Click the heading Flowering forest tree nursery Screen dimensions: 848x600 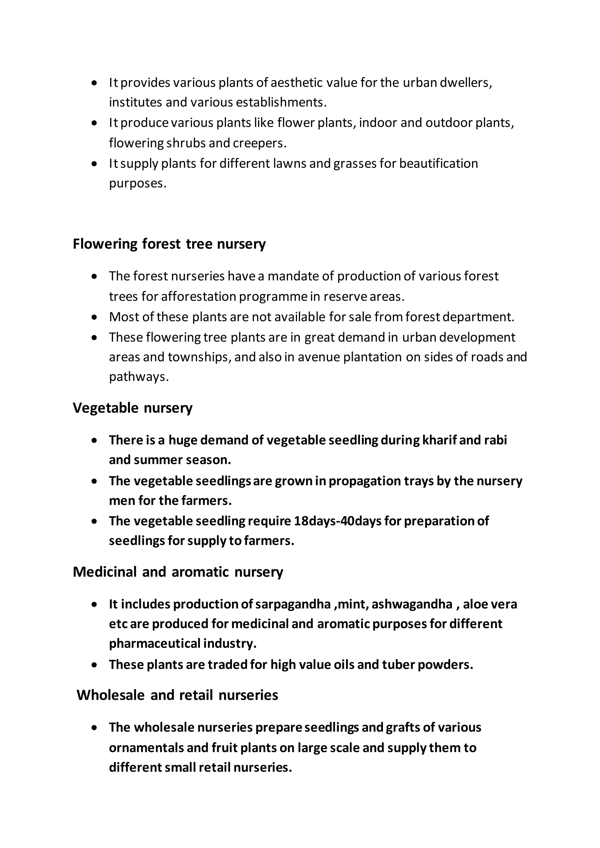pos(169,244)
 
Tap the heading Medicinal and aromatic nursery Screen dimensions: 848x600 pos(178,572)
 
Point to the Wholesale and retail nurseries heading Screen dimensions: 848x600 pos(177,695)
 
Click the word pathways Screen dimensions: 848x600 pos(139,377)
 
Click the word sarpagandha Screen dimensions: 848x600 pos(293,604)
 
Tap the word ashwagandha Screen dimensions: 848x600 pos(412,604)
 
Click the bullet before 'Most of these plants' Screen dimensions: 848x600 pos(95,317)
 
